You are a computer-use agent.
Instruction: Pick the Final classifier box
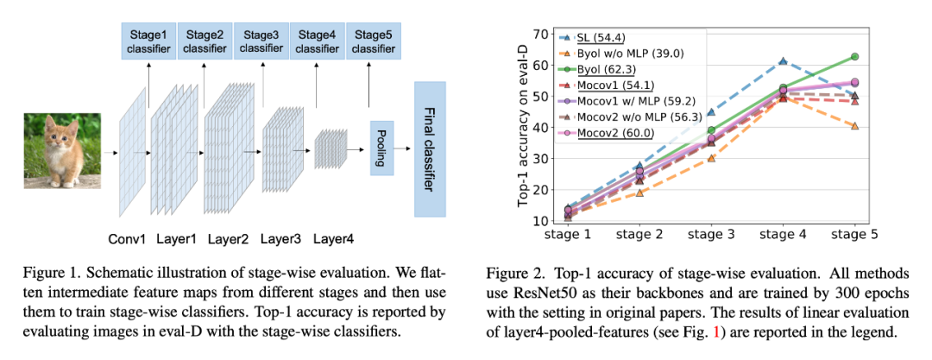click(430, 149)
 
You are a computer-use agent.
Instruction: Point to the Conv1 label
click(128, 237)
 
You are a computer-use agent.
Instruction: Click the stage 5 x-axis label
click(853, 235)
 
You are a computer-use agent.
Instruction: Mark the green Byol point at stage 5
click(853, 57)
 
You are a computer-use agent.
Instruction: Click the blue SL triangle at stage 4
click(782, 61)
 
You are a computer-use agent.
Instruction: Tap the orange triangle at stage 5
click(853, 126)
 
